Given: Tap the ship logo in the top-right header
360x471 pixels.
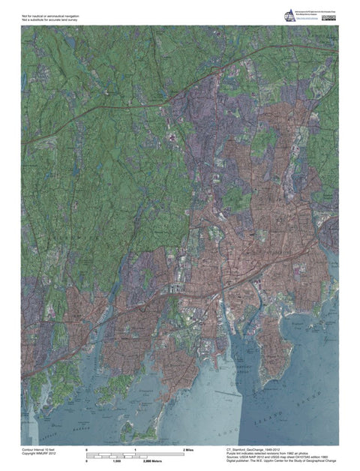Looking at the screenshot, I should point(289,16).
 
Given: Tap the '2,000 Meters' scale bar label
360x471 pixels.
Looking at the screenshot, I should point(153,461).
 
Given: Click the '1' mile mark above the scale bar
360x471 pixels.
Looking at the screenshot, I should point(135,448).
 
